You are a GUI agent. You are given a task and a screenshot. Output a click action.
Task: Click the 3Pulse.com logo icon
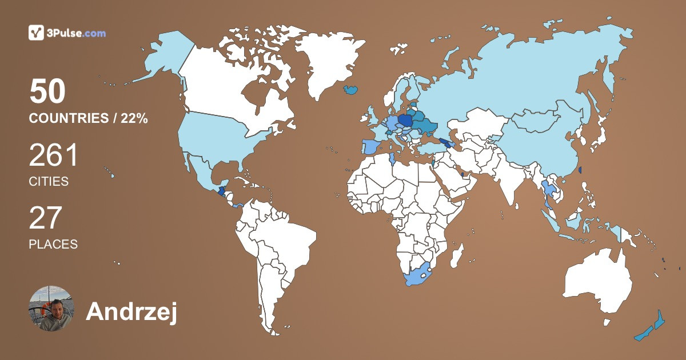coord(36,33)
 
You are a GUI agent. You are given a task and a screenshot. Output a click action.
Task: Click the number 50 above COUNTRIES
coord(48,92)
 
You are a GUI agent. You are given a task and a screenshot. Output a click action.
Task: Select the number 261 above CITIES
coord(54,155)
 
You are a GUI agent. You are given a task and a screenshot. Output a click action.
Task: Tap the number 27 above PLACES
coord(45,218)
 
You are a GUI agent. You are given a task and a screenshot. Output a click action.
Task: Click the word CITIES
coord(49,182)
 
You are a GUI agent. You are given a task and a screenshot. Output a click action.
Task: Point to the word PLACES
coord(53,244)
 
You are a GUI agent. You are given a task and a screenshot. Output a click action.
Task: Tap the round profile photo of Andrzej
coord(51,309)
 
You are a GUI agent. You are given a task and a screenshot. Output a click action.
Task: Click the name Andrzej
coord(131,311)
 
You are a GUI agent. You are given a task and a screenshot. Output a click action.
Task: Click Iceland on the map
coord(352,90)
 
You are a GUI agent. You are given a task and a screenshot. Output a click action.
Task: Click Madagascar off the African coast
coord(456,255)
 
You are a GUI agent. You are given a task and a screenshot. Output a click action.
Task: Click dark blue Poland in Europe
coord(406,121)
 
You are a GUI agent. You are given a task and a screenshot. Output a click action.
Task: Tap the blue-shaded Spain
coord(370,146)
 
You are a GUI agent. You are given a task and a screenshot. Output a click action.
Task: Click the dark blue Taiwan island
coord(580,170)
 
